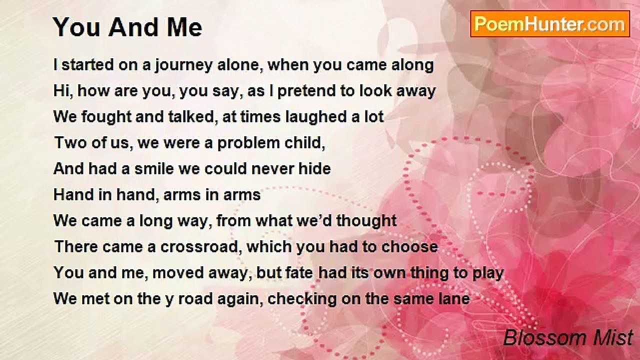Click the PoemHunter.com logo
550,24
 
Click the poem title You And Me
127,27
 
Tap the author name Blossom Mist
568,337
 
